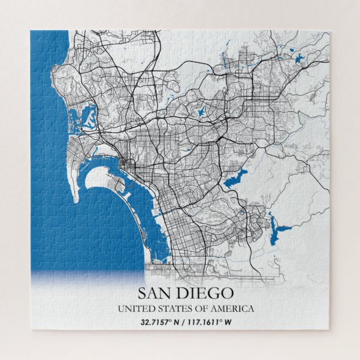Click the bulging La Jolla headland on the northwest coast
pyautogui.click(x=56, y=73)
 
